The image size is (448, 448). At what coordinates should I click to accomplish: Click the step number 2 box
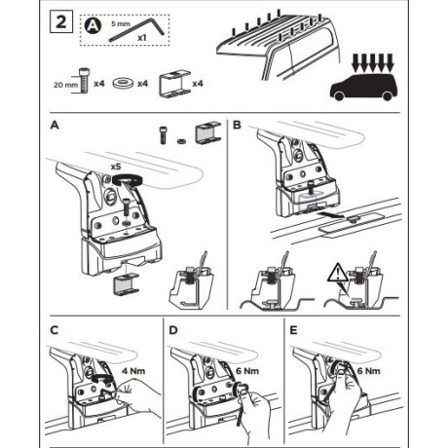[x=61, y=21]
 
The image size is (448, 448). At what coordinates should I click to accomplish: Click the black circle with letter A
[x=93, y=25]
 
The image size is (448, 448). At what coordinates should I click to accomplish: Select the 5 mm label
[x=121, y=23]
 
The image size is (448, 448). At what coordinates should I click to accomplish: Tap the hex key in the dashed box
[x=136, y=30]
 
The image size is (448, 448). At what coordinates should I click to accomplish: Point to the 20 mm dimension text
[x=66, y=85]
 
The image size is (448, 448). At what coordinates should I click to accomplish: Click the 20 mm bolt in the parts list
[x=84, y=81]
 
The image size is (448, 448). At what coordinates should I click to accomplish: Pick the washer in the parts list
[x=123, y=84]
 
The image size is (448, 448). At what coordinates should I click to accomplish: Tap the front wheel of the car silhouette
[x=339, y=95]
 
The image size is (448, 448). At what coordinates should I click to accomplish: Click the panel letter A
[x=55, y=125]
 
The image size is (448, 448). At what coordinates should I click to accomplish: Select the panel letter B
[x=237, y=125]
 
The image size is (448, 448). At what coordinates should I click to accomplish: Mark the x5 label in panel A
[x=116, y=167]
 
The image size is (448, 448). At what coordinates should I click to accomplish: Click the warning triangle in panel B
[x=338, y=273]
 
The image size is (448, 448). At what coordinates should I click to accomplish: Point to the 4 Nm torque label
[x=133, y=371]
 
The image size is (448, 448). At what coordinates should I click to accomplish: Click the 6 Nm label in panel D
[x=247, y=371]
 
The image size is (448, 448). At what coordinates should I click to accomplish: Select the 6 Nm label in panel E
[x=369, y=371]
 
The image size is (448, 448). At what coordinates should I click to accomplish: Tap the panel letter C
[x=55, y=330]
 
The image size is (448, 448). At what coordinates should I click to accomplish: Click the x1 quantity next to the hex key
[x=142, y=38]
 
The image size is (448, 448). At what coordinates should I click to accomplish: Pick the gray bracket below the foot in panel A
[x=126, y=285]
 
